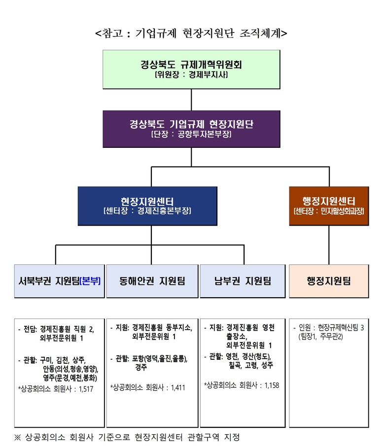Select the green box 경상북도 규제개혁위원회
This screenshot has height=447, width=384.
point(191,69)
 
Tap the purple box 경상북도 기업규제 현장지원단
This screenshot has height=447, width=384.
point(191,129)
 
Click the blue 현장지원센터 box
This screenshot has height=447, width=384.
point(147,206)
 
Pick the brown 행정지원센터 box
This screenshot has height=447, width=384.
point(329,206)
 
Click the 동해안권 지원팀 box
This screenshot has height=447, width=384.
point(152,281)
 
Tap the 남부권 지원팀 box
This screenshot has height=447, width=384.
point(243,281)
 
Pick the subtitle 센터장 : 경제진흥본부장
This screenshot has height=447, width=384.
point(147,211)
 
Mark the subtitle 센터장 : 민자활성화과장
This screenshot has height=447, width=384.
point(329,211)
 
